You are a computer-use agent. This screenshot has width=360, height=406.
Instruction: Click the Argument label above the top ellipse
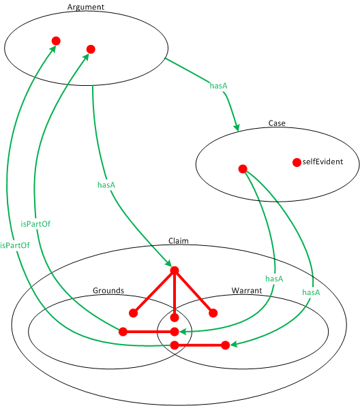(x=86, y=7)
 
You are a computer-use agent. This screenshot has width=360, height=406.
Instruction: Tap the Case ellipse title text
(x=277, y=123)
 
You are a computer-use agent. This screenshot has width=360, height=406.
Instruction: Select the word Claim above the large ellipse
(x=179, y=241)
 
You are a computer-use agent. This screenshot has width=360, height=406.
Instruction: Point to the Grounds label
(x=108, y=291)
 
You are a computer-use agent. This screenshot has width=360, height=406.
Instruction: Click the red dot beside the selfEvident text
(x=297, y=162)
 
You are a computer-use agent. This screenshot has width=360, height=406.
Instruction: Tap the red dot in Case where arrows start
(x=242, y=169)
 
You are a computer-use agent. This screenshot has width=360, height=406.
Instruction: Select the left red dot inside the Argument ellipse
(x=56, y=41)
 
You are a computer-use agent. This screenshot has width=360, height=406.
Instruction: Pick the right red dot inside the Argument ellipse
(x=91, y=49)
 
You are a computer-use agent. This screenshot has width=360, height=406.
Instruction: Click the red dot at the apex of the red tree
(x=175, y=270)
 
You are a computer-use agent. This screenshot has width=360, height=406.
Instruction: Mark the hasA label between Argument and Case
(x=218, y=87)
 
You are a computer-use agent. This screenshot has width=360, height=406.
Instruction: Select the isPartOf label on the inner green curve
(x=35, y=223)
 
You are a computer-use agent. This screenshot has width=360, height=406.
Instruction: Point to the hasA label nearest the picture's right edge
(x=311, y=292)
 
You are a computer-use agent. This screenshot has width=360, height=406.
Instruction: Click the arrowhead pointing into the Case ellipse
(x=237, y=127)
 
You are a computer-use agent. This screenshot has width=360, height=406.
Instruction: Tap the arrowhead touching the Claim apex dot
(x=168, y=264)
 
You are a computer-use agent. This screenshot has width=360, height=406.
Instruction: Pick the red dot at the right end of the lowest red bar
(x=226, y=345)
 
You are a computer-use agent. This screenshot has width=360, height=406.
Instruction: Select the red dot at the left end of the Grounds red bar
(x=123, y=332)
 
